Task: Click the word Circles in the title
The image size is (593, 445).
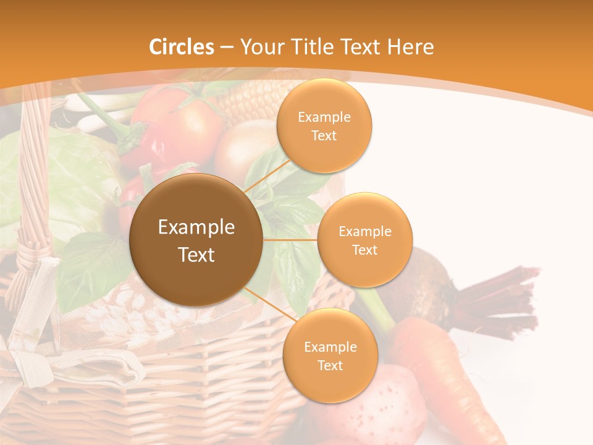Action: (181, 47)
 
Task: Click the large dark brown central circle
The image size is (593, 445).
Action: (196, 240)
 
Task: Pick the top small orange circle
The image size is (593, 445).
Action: (324, 125)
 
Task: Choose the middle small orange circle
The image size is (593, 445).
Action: (364, 240)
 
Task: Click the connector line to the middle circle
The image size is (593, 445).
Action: (290, 239)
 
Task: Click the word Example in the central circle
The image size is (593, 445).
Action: (196, 227)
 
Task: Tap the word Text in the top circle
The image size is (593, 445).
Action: (324, 135)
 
